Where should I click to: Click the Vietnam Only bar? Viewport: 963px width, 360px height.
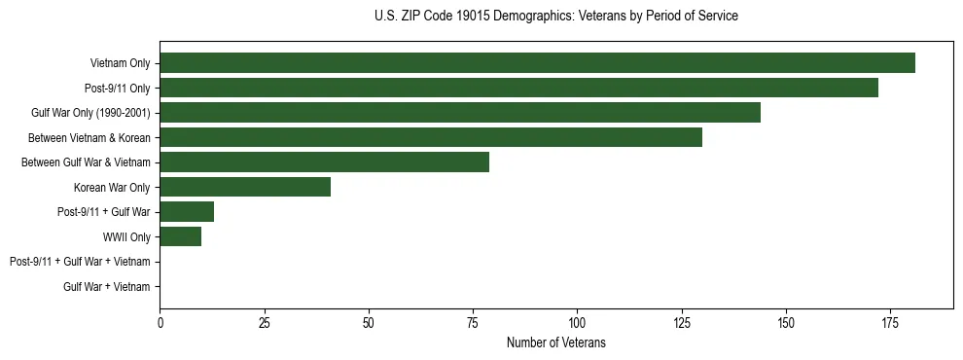click(537, 63)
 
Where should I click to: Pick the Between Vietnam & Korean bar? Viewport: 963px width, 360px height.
click(431, 137)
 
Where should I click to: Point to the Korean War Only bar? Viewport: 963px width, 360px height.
click(245, 187)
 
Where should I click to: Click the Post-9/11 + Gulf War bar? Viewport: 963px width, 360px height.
click(187, 212)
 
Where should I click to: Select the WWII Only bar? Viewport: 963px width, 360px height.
click(181, 236)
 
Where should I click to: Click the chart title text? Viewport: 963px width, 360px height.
click(555, 17)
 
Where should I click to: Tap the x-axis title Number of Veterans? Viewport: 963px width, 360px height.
click(555, 342)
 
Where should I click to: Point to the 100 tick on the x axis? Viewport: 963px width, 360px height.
click(577, 322)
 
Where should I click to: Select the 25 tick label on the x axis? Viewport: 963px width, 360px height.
click(264, 322)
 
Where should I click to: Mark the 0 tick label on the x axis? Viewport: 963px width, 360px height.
click(160, 322)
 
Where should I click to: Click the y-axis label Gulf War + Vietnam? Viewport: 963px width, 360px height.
click(107, 287)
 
